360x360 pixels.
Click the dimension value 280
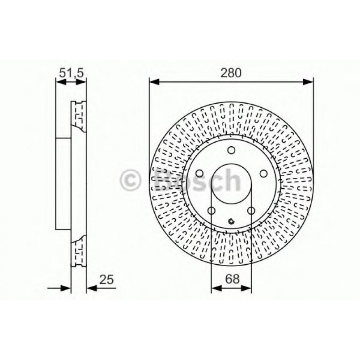(x=231, y=72)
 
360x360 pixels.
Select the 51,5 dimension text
(x=71, y=72)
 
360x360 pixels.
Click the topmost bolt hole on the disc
(x=231, y=151)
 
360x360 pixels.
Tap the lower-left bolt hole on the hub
(x=212, y=211)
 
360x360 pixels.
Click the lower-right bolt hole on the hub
(x=251, y=211)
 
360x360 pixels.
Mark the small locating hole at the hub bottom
(x=231, y=221)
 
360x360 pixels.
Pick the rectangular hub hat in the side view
(x=63, y=183)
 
